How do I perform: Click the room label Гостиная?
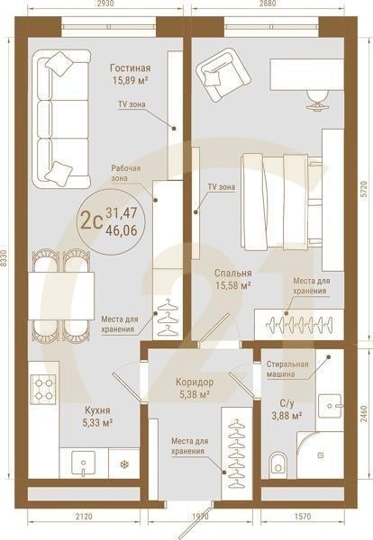pyautogui.click(x=130, y=67)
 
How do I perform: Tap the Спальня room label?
pyautogui.click(x=233, y=273)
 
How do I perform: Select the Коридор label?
pyautogui.click(x=195, y=382)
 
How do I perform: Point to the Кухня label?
pyautogui.click(x=97, y=410)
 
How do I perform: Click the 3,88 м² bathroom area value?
pyautogui.click(x=287, y=416)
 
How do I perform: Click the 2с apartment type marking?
pyautogui.click(x=91, y=220)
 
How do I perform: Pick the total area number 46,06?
pyautogui.click(x=122, y=230)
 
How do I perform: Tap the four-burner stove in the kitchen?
pyautogui.click(x=43, y=389)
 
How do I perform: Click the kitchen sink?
pyautogui.click(x=83, y=463)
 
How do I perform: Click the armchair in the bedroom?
pyautogui.click(x=223, y=75)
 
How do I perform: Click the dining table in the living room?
pyautogui.click(x=61, y=295)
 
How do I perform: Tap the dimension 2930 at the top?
pyautogui.click(x=105, y=4)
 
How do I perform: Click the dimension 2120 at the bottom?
pyautogui.click(x=84, y=517)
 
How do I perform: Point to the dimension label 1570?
pyautogui.click(x=303, y=517)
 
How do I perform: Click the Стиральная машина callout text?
pyautogui.click(x=287, y=369)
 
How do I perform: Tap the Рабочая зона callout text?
pyautogui.click(x=125, y=173)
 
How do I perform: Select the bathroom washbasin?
pyautogui.click(x=330, y=406)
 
